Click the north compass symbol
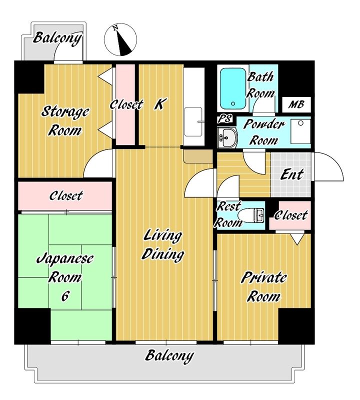[x=120, y=40]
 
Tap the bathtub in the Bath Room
[x=233, y=88]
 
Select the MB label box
[x=296, y=104]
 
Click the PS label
[x=225, y=118]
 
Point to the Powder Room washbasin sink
[x=227, y=138]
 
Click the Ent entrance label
[x=291, y=174]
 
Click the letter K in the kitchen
[x=159, y=104]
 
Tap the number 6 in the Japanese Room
[x=65, y=296]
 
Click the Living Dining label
[x=163, y=245]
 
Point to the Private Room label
[x=264, y=287]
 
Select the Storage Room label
[x=65, y=121]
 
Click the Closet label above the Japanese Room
[x=66, y=196]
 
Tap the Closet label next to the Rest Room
[x=291, y=215]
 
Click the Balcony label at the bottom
[x=169, y=355]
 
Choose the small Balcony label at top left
[x=57, y=38]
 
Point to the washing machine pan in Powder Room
[x=300, y=131]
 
